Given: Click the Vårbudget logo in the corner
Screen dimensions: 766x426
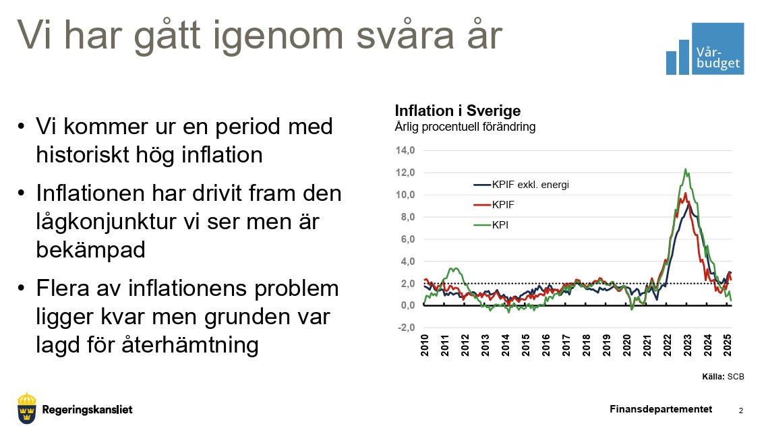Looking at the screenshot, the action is point(705,49).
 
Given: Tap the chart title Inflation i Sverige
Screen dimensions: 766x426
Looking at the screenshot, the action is point(458,111).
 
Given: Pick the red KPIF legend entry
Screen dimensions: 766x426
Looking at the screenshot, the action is point(494,205).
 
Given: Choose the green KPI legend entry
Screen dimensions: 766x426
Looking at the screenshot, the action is point(491,224).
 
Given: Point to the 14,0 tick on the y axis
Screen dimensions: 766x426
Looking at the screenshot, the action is point(405,150).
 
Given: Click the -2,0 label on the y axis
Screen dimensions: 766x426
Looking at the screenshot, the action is point(405,328).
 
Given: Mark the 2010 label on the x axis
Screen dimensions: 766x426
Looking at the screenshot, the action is point(425,345).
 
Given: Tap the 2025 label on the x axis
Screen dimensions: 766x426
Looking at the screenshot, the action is point(728,345).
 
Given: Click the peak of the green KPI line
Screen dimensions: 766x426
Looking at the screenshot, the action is point(686,169).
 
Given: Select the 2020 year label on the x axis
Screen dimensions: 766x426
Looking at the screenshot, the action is point(627,345).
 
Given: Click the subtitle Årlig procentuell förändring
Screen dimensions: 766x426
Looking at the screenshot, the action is point(465,127).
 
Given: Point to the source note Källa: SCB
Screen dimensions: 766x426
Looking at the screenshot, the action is point(723,377).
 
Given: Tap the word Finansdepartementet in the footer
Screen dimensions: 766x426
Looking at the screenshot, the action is point(661,409).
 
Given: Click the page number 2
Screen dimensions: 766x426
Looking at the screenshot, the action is point(741,410).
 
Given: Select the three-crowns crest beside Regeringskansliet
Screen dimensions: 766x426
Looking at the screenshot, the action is point(27,408).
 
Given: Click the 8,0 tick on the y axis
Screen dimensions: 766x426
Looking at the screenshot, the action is point(407,217).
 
